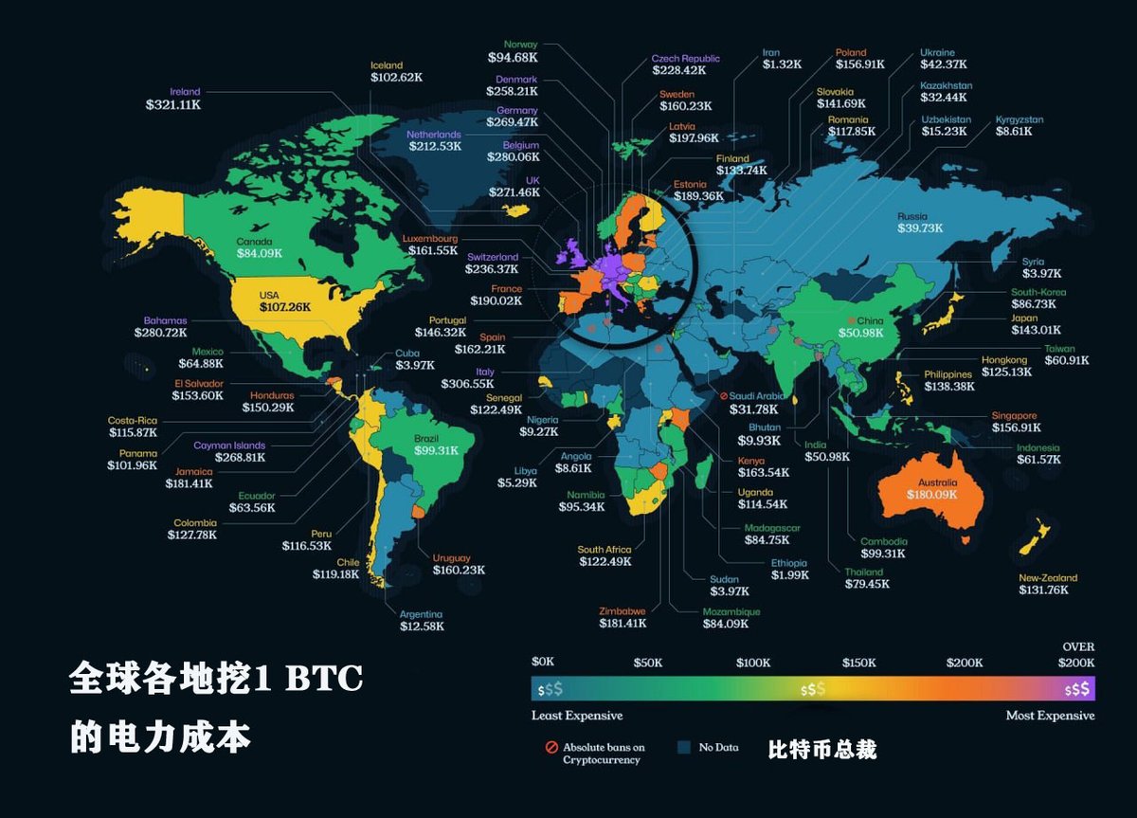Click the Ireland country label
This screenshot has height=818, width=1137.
185,92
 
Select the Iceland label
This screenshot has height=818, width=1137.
387,65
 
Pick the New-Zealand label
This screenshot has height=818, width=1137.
1048,577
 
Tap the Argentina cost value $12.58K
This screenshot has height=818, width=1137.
421,626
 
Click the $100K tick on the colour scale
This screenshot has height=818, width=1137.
754,663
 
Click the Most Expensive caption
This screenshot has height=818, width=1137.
1050,716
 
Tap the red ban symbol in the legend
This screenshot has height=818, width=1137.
551,748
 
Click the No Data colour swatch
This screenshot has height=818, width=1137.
684,747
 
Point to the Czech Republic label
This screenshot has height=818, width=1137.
685,58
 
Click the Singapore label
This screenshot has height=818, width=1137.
1014,415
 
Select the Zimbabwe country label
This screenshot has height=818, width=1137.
623,611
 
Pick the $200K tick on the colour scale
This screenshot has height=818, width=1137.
965,663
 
